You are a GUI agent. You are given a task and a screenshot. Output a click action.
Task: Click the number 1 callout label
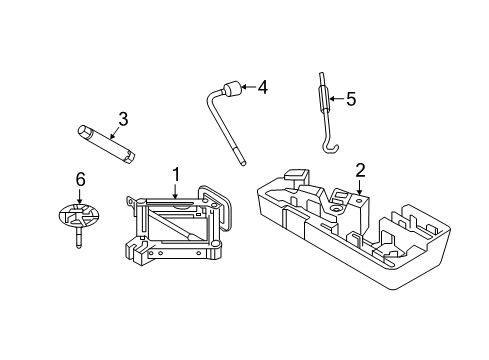coord(176,175)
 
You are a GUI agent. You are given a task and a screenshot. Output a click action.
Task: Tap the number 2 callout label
coord(360,170)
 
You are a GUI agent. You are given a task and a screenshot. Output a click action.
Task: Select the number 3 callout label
coord(123,120)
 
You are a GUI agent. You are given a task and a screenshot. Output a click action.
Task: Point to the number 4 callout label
coord(262,87)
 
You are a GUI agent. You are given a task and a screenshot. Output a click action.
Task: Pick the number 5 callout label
coord(349,99)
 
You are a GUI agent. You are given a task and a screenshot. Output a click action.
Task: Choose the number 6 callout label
coord(81,179)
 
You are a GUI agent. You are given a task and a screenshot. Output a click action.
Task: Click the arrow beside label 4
coord(249,88)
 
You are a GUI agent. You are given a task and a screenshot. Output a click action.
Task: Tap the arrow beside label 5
coord(336,99)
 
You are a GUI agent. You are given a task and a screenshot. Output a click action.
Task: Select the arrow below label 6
coord(81,198)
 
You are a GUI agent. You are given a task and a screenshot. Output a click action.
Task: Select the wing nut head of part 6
coord(78,216)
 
